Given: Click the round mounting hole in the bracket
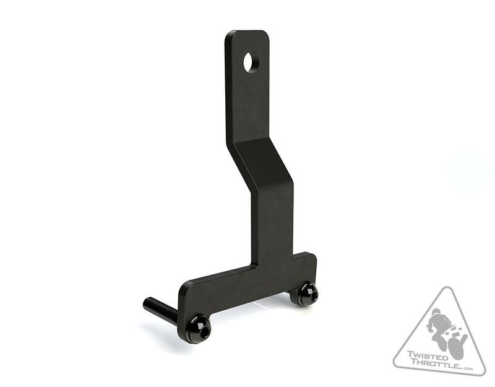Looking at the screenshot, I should pos(251,62).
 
